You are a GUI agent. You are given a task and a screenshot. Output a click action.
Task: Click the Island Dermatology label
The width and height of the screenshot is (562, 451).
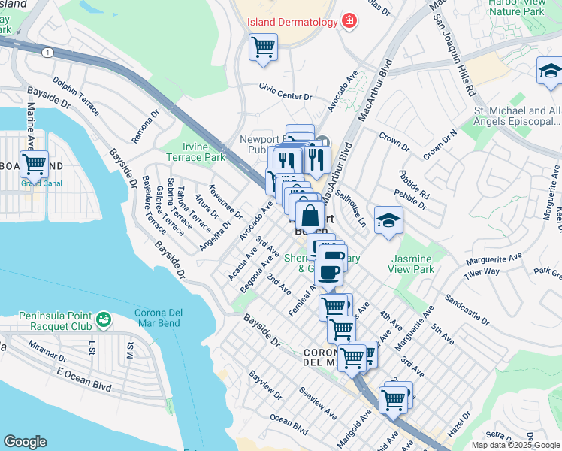pos(293,22)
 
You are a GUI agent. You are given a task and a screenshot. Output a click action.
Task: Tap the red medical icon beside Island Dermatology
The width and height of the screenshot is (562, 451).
pos(349,22)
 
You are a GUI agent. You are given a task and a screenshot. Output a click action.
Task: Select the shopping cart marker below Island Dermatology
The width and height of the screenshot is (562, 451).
pos(263,47)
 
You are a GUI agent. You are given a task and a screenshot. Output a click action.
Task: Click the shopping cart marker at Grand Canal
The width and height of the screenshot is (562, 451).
pos(34,163)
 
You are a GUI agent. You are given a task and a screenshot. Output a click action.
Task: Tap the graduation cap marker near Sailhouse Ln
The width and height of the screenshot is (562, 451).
pos(388,220)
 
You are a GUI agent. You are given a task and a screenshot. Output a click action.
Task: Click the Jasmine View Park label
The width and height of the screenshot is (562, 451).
pos(412,263)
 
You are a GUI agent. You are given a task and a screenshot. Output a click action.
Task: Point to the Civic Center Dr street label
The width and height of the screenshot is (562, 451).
pos(285,96)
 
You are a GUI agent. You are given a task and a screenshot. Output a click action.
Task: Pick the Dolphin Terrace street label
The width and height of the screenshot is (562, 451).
pos(75,95)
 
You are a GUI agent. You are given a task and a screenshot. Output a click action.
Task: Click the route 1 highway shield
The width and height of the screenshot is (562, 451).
pos(48,52)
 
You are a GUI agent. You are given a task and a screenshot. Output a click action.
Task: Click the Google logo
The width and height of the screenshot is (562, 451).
pos(25,442)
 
